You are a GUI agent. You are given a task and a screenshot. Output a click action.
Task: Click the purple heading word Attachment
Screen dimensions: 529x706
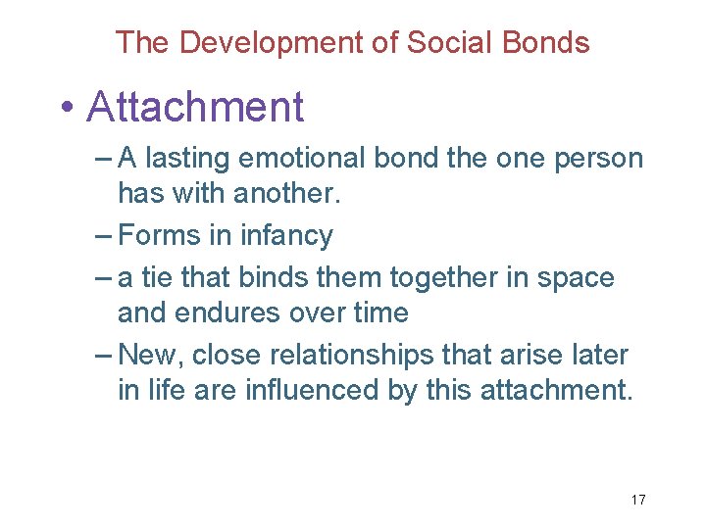click(x=195, y=107)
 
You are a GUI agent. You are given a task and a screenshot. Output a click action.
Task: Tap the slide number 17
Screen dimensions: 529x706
click(x=637, y=500)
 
